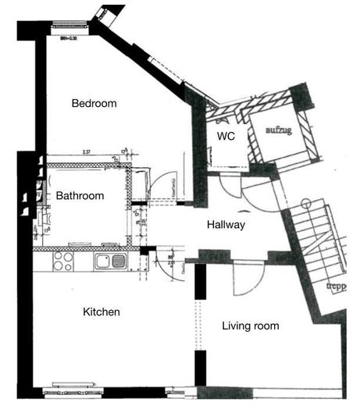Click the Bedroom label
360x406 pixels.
[94, 103]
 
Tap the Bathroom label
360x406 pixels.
[80, 196]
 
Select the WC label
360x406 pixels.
[226, 136]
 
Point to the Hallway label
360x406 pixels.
[226, 225]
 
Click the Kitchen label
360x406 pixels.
[102, 312]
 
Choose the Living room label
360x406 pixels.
[251, 326]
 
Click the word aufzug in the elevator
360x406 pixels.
[278, 130]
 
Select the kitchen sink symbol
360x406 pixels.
[110, 261]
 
